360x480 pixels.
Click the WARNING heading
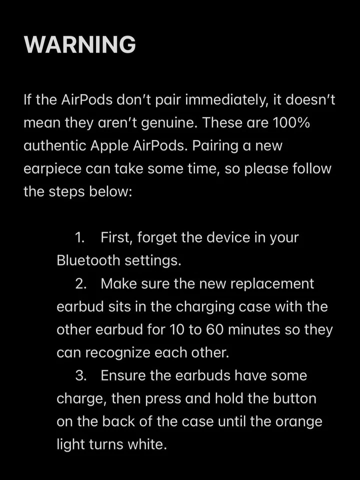tap(79, 45)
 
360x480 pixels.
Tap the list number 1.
tap(79, 237)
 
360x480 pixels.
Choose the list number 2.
tap(80, 283)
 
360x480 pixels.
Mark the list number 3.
tap(80, 375)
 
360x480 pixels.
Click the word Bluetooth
tap(88, 260)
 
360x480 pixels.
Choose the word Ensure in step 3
tap(123, 375)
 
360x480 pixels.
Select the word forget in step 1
tap(156, 237)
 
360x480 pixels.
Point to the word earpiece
tap(52, 168)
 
